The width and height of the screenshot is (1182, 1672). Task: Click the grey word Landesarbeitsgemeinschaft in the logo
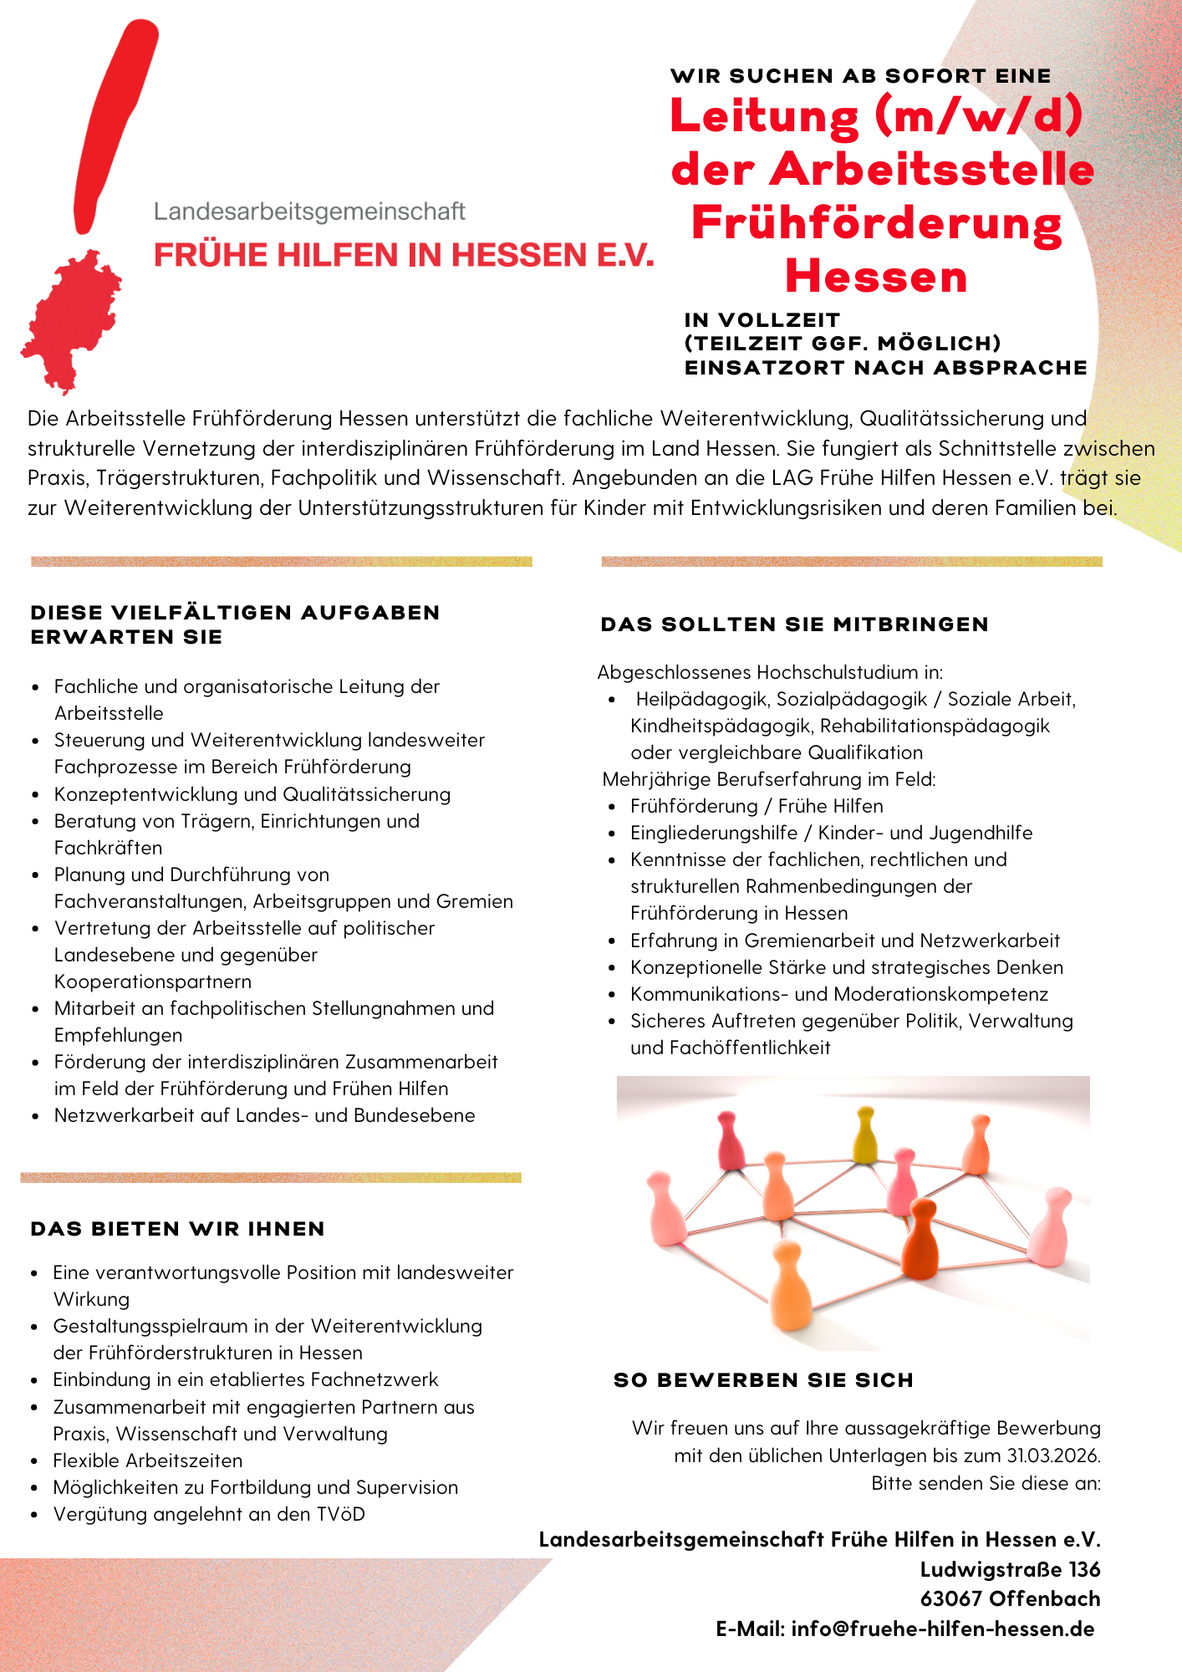[309, 212]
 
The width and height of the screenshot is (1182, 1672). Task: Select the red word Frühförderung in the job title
[876, 224]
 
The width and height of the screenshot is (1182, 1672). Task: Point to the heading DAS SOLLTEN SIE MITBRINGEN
[794, 624]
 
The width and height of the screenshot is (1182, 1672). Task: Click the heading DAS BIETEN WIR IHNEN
[177, 1229]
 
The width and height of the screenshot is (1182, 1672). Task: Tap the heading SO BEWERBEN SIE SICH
[763, 1380]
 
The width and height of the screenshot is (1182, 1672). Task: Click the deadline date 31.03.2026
[1052, 1455]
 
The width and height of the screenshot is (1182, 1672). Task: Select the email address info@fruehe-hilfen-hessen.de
[943, 1629]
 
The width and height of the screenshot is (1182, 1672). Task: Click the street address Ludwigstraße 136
[1010, 1569]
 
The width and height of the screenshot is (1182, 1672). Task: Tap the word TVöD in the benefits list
[340, 1514]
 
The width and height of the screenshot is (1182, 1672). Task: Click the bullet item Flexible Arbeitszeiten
[148, 1460]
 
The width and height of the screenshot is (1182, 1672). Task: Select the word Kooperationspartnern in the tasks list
[153, 981]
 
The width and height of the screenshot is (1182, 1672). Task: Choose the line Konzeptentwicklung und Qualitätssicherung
[252, 794]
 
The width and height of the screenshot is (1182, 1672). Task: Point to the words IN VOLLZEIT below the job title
[762, 320]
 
